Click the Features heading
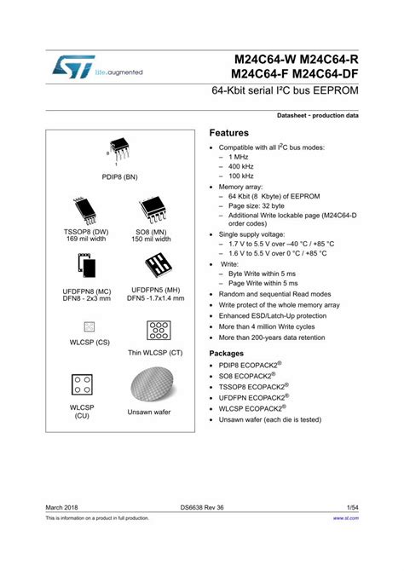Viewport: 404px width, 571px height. click(229, 134)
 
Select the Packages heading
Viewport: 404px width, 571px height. click(232, 353)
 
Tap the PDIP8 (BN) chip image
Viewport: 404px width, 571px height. click(117, 150)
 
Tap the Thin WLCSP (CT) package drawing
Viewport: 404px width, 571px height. click(155, 330)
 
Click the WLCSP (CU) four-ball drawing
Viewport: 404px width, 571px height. click(82, 384)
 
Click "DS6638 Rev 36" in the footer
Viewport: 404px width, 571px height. click(203, 505)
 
